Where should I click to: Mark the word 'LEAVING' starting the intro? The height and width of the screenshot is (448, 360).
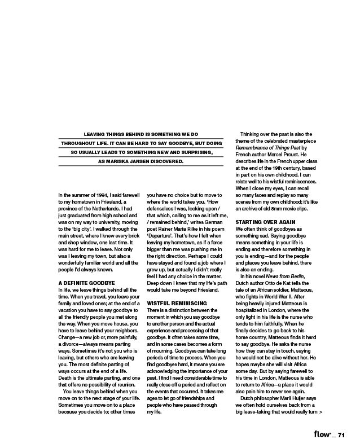pos(96,134)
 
